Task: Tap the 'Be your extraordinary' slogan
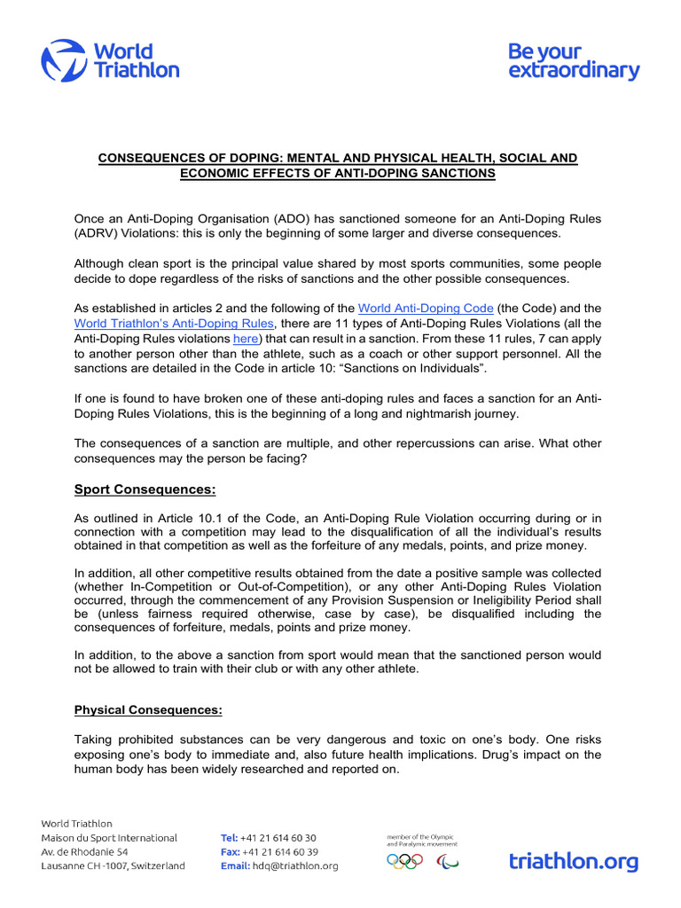[573, 61]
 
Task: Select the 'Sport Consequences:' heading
[145, 489]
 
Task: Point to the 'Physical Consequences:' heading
[148, 709]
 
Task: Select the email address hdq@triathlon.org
[294, 866]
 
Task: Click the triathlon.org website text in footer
[573, 860]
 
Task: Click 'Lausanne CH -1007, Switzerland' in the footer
[113, 866]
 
